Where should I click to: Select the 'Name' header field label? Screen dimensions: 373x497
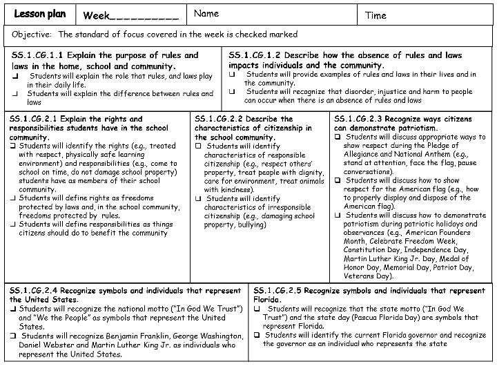click(x=206, y=13)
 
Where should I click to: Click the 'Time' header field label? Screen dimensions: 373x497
click(x=376, y=15)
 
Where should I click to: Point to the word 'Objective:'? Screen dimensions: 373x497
click(x=32, y=34)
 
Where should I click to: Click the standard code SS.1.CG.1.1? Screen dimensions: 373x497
click(x=36, y=55)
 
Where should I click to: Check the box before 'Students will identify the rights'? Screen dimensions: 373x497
click(x=14, y=146)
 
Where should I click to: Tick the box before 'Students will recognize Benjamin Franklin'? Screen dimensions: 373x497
click(x=14, y=336)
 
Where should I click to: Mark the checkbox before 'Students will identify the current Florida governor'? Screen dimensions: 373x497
click(x=257, y=335)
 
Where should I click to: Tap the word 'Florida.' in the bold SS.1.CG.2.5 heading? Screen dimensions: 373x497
click(x=269, y=300)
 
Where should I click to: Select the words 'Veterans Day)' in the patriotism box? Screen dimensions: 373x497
click(x=369, y=276)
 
